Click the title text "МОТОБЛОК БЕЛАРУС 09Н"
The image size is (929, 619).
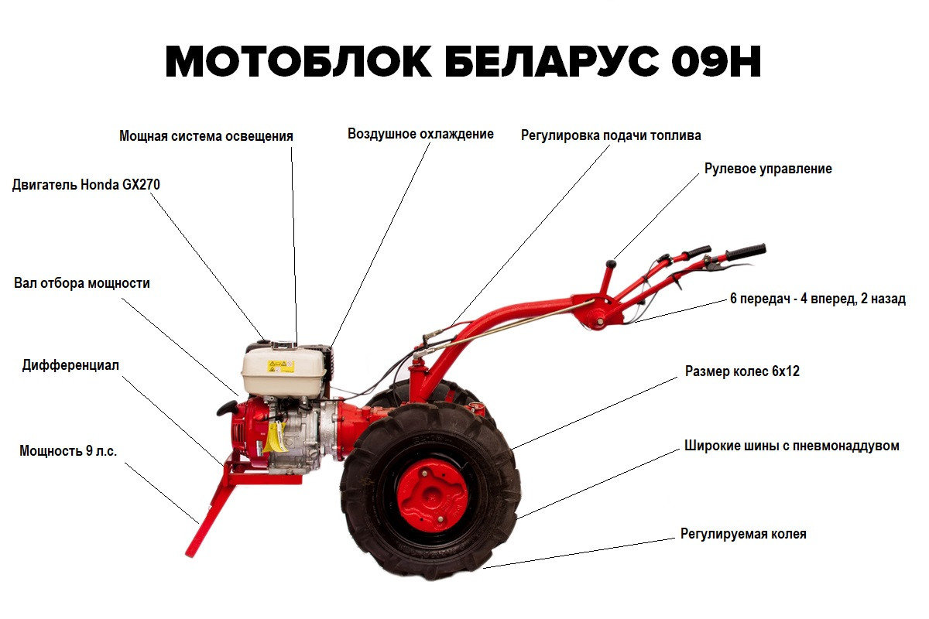pyautogui.click(x=463, y=62)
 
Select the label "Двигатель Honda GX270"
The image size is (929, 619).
pyautogui.click(x=86, y=184)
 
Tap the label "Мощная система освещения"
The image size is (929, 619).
pyautogui.click(x=206, y=136)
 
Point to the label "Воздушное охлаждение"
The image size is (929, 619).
pyautogui.click(x=420, y=134)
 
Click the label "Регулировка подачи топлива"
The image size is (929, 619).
pyautogui.click(x=611, y=135)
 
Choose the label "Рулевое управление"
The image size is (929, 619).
pyautogui.click(x=768, y=169)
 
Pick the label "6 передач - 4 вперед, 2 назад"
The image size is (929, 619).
pyautogui.click(x=818, y=299)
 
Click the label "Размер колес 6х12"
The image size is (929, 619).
pyautogui.click(x=742, y=371)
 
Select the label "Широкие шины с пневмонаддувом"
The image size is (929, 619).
pyautogui.click(x=792, y=446)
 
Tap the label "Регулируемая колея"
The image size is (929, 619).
pyautogui.click(x=743, y=534)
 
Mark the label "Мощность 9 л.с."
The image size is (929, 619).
pyautogui.click(x=68, y=450)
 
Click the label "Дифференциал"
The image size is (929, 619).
pyautogui.click(x=70, y=365)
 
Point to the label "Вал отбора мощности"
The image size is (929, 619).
pyautogui.click(x=82, y=283)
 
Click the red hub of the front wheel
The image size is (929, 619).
pyautogui.click(x=433, y=494)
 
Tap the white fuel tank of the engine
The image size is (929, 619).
pyautogui.click(x=283, y=371)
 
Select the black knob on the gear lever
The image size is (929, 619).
pyautogui.click(x=611, y=264)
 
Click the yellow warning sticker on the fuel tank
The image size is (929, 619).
pyautogui.click(x=281, y=366)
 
